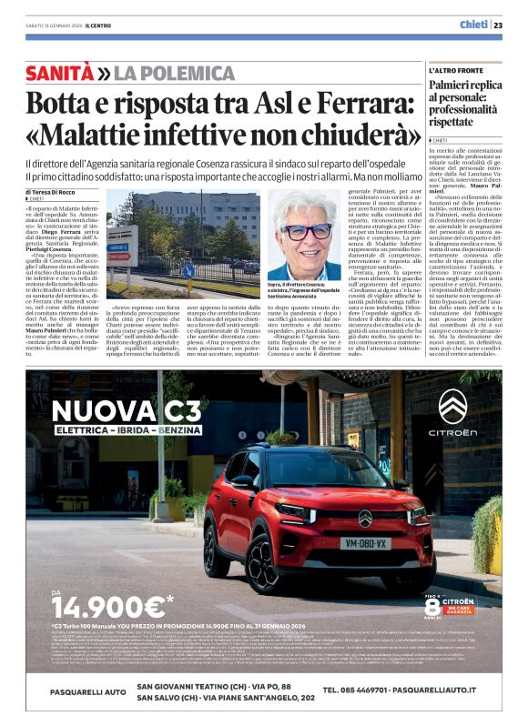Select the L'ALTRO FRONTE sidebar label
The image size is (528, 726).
457,71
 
